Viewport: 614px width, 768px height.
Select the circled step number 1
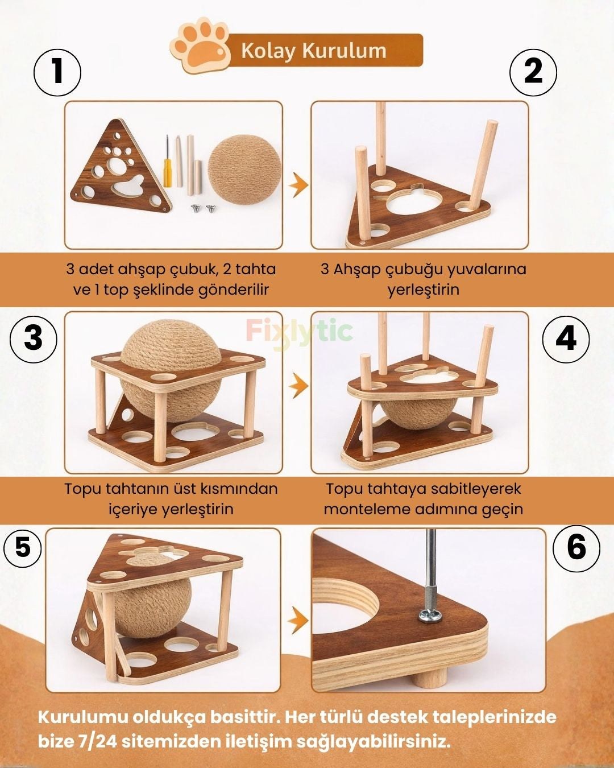[57, 72]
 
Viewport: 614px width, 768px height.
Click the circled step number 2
[533, 72]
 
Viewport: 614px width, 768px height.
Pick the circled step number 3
[33, 339]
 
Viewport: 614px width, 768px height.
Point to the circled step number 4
[566, 339]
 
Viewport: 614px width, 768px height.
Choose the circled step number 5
[23, 547]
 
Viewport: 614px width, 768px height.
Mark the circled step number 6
[576, 548]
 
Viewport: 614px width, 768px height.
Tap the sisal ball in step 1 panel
[244, 170]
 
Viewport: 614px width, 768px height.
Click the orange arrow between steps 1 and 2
[298, 185]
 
